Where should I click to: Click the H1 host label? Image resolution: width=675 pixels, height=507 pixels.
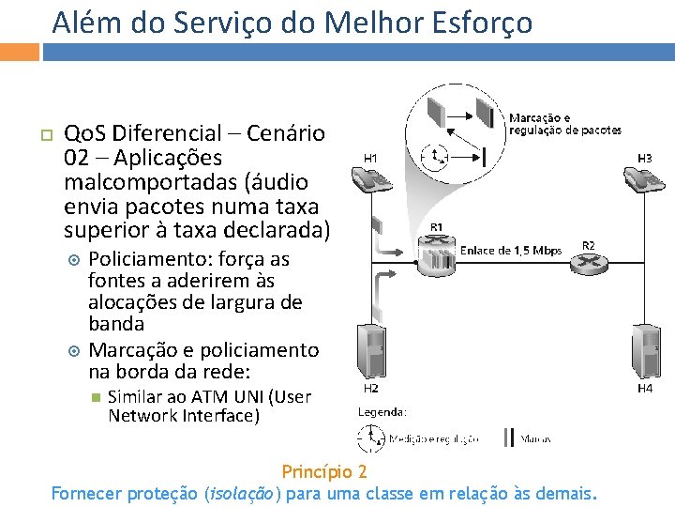click(x=370, y=158)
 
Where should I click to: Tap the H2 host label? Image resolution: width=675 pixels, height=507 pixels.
click(x=370, y=388)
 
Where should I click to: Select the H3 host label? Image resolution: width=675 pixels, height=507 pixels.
click(x=645, y=158)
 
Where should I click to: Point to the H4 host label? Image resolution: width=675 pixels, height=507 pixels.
click(x=645, y=388)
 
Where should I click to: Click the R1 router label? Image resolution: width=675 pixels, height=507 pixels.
click(x=437, y=227)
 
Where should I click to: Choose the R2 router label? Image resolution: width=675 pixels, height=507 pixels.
click(x=588, y=245)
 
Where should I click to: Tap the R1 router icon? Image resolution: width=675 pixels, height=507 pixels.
click(x=437, y=254)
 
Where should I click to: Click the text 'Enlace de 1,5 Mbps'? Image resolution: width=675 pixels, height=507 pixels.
click(x=511, y=251)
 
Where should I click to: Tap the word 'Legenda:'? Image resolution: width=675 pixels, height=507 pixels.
click(x=382, y=411)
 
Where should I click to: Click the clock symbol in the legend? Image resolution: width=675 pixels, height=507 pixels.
click(x=372, y=438)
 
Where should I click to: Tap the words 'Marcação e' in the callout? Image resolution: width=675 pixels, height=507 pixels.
click(x=539, y=118)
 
